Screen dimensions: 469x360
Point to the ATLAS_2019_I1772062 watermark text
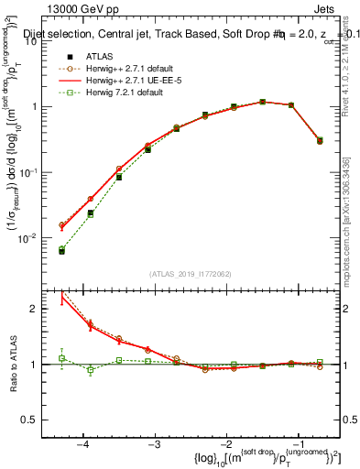pyautogui.click(x=191, y=273)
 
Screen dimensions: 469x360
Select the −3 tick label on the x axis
pyautogui.click(x=154, y=443)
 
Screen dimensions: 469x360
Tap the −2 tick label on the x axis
pyautogui.click(x=225, y=443)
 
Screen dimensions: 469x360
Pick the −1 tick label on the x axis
pyautogui.click(x=297, y=443)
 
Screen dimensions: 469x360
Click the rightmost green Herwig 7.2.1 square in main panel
pyautogui.click(x=319, y=140)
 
